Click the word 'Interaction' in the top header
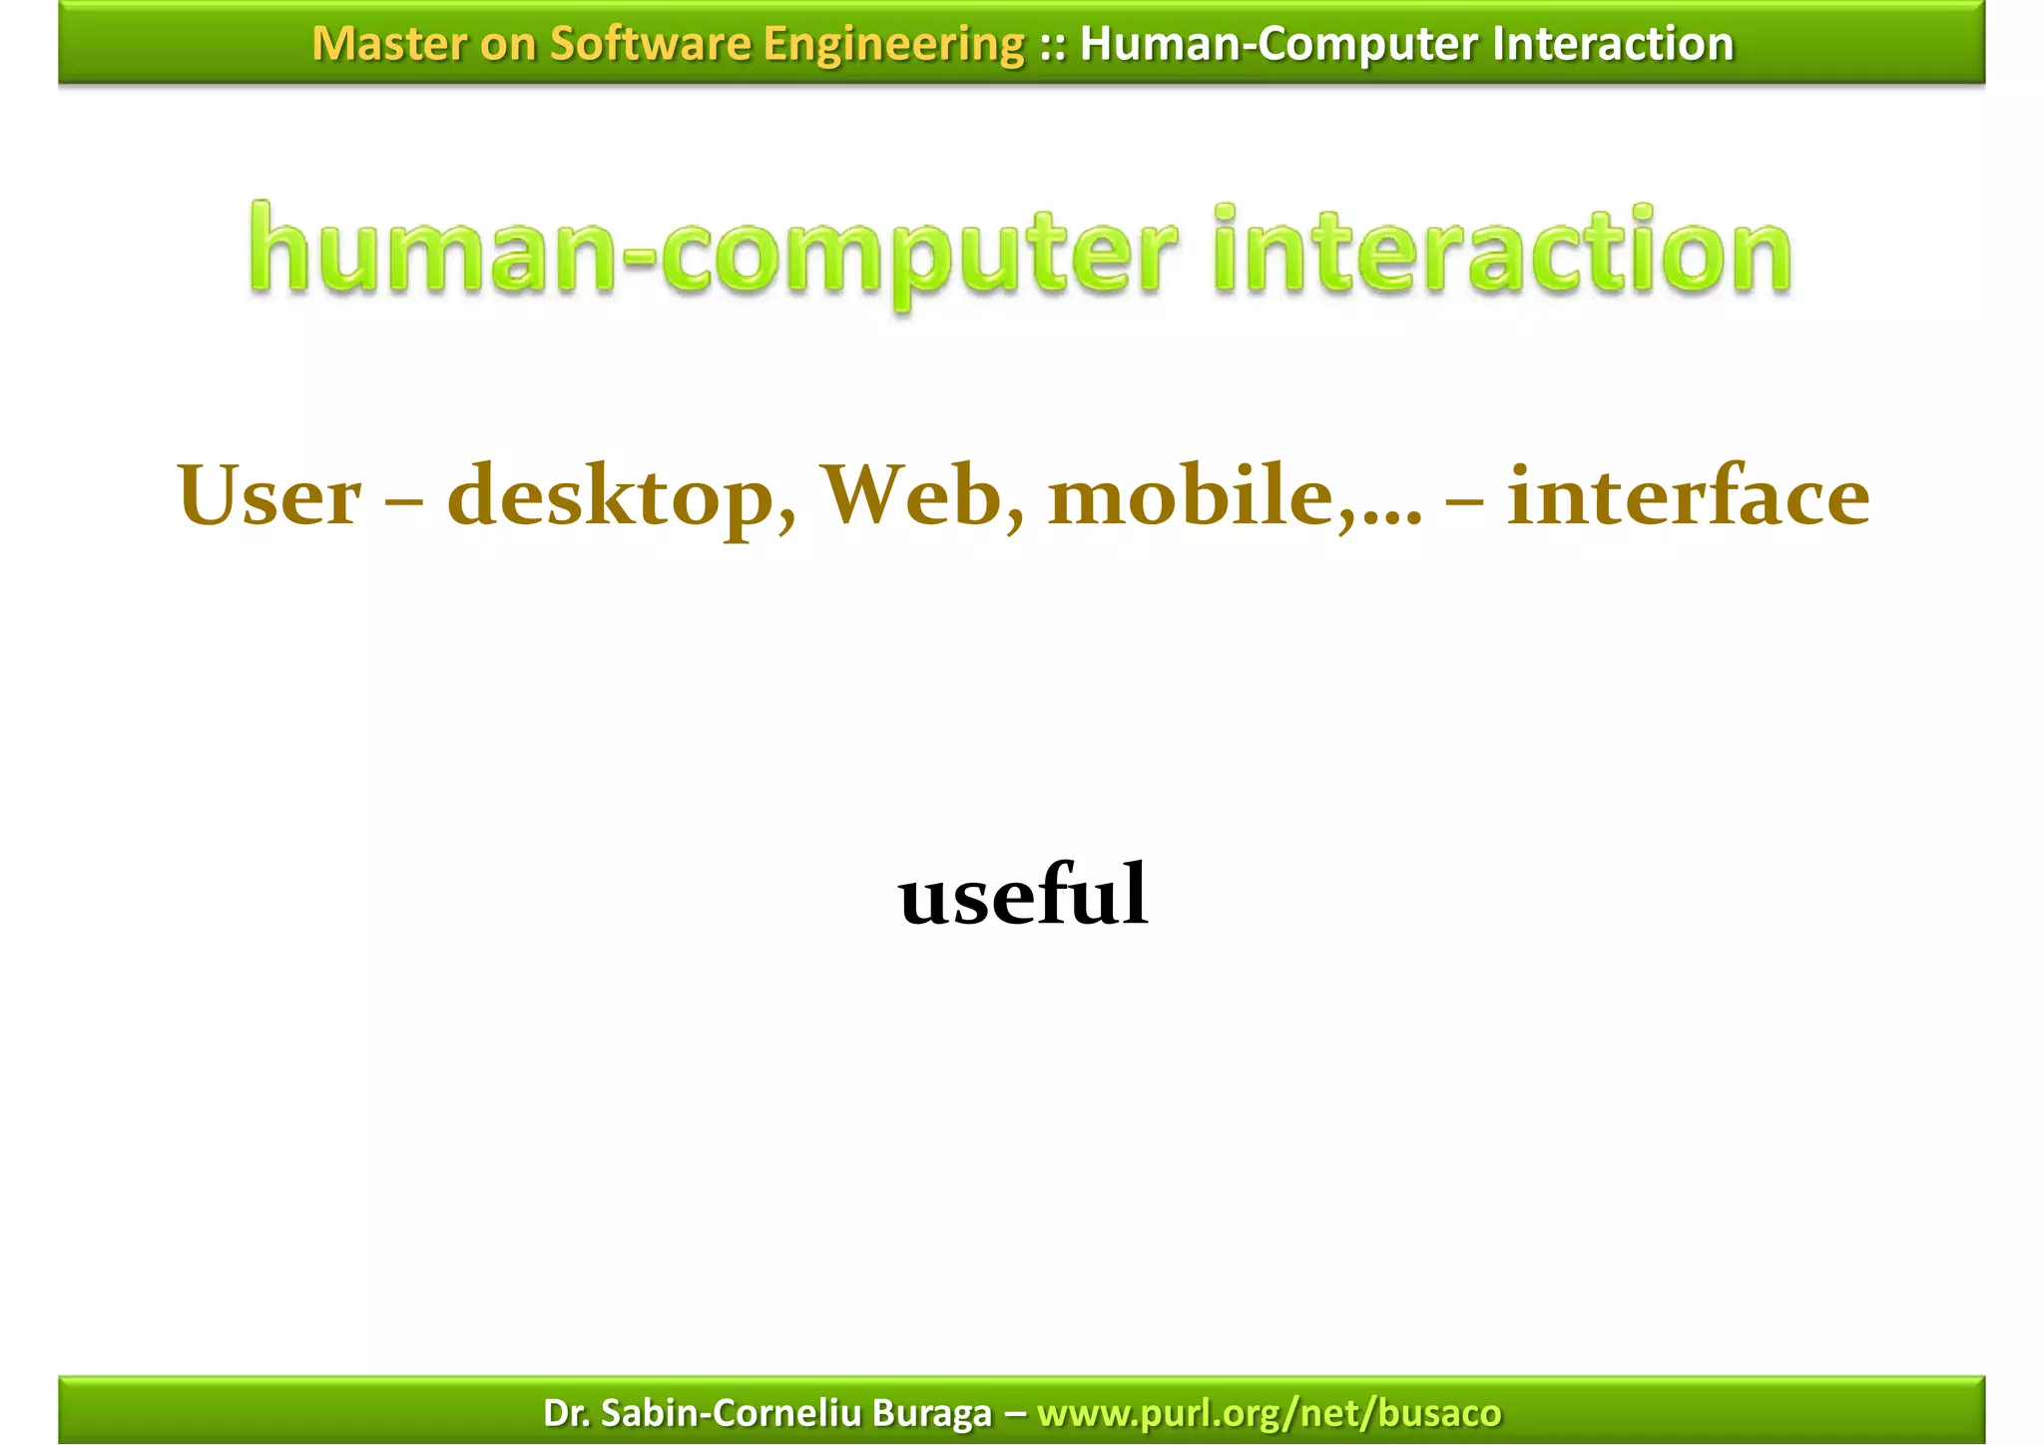pos(1613,44)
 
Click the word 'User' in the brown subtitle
pos(269,496)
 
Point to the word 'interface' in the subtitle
pos(1688,496)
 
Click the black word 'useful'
pos(1023,894)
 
